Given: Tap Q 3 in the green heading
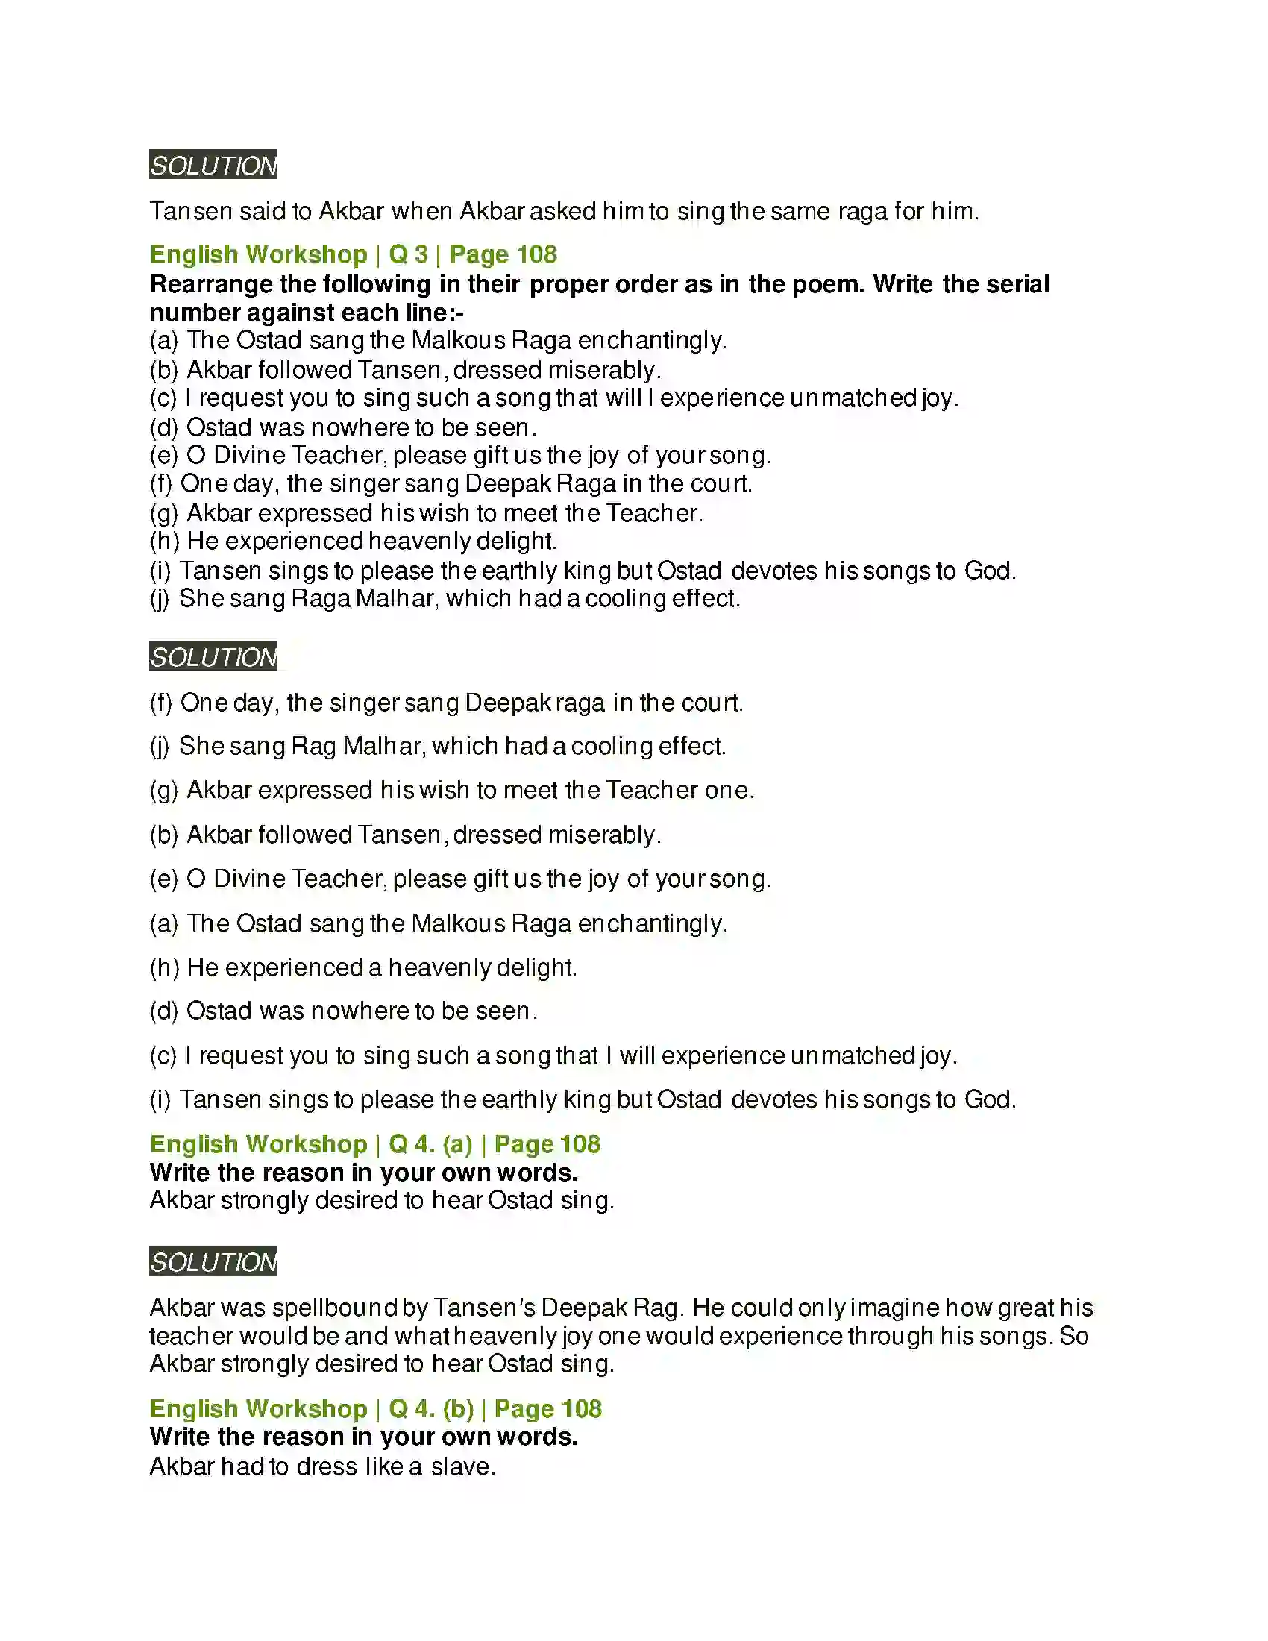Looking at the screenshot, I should (x=408, y=254).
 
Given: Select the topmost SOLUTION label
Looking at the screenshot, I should (x=213, y=165).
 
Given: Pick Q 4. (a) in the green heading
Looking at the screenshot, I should (x=430, y=1143).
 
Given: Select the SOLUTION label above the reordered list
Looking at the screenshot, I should (x=213, y=656).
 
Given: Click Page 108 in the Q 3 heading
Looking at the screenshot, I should (x=503, y=254).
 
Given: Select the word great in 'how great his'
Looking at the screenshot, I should (x=1026, y=1308).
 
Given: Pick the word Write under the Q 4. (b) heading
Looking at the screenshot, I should (x=181, y=1437).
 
